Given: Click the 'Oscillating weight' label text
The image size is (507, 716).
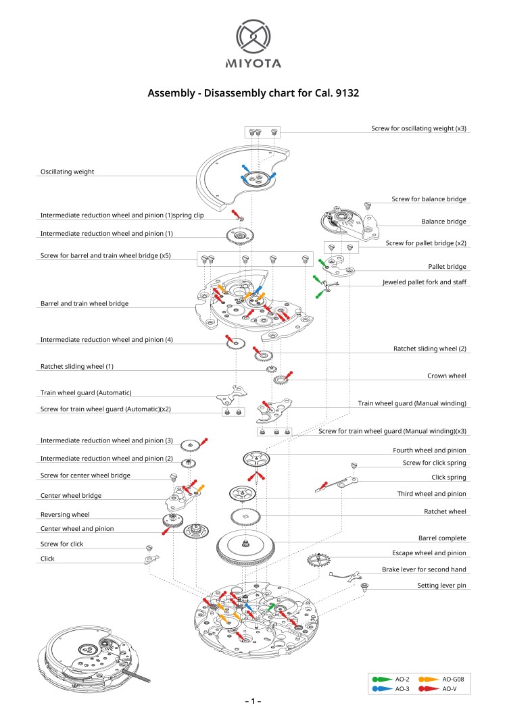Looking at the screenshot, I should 67,172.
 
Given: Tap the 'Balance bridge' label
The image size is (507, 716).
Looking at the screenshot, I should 443,222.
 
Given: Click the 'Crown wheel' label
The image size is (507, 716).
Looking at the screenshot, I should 447,376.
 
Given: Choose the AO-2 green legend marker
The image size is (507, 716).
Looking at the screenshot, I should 380,678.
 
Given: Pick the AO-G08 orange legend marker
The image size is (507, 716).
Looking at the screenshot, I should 427,678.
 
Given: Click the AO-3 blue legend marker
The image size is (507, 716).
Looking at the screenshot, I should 380,688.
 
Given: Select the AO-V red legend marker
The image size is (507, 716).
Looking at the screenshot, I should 427,688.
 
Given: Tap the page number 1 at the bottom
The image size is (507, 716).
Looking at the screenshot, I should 253,702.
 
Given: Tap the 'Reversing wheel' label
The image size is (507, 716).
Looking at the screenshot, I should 65,514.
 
